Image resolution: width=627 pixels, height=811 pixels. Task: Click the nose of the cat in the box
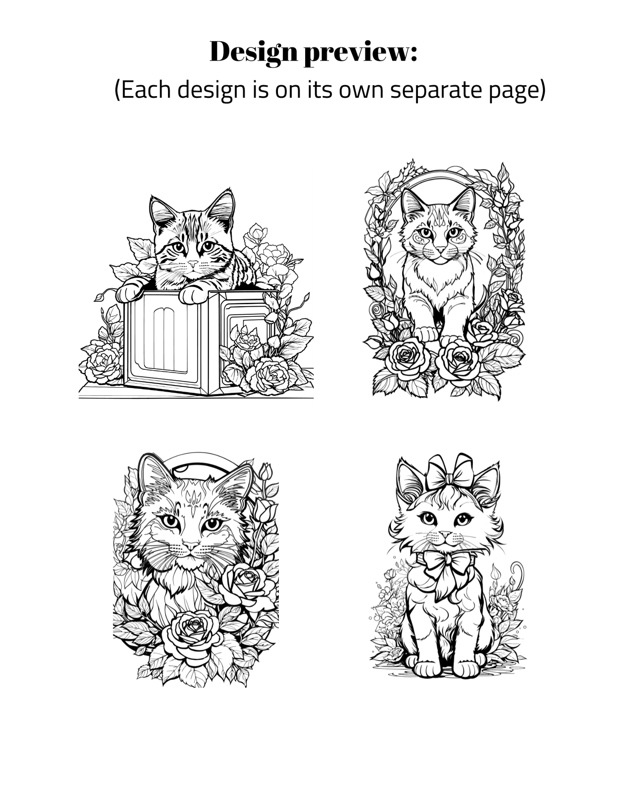[x=193, y=264]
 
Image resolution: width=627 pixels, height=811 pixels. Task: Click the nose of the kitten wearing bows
[x=445, y=534]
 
